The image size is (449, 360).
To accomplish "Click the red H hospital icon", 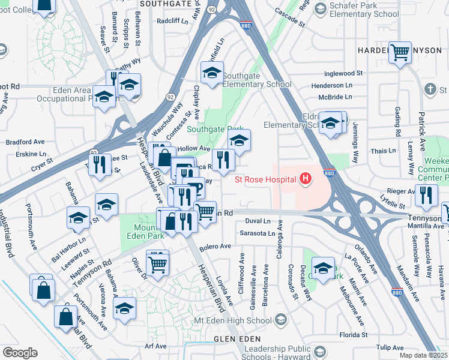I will click(x=306, y=179).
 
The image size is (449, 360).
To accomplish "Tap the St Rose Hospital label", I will click(x=266, y=179).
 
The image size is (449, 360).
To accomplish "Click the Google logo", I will click(x=20, y=352).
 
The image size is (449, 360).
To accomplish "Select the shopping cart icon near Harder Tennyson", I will click(x=400, y=52).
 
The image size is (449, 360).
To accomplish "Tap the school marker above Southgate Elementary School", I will click(x=212, y=73).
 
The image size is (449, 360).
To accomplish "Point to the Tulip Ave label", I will click(x=390, y=347).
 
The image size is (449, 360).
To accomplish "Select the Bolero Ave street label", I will click(x=215, y=247).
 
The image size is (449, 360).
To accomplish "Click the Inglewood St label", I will click(x=343, y=73).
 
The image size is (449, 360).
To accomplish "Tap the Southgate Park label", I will click(x=215, y=129).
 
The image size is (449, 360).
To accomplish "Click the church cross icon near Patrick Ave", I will click(x=429, y=89).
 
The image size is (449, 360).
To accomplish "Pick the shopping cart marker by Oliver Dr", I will click(x=157, y=262).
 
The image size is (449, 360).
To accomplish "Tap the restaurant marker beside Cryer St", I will click(x=100, y=164).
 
